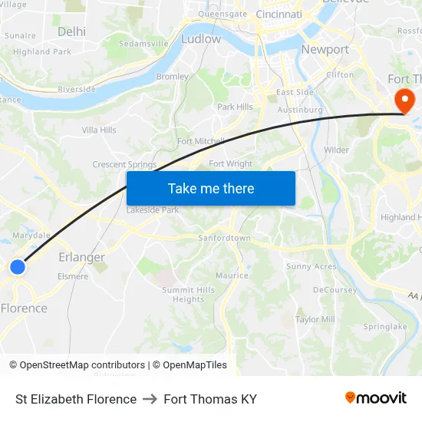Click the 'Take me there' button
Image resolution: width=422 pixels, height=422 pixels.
pos(211,189)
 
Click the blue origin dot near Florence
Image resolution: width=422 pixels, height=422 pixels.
pos(18,267)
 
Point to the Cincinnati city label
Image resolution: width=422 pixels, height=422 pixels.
pos(279,14)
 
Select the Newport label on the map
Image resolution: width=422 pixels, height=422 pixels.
pos(325,50)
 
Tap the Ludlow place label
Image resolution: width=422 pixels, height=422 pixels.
pos(201,38)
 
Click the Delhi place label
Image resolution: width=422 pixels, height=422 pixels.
pos(71,31)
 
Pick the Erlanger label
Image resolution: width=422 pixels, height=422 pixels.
pos(81,257)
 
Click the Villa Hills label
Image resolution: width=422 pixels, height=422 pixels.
pos(99,130)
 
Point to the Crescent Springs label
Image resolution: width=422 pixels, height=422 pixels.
pos(124,165)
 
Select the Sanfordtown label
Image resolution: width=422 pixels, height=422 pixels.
pos(224,239)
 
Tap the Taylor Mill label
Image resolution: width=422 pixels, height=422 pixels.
pos(315,319)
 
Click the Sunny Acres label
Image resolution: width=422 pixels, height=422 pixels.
pos(311,267)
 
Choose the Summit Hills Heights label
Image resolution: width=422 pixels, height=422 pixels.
pos(188,295)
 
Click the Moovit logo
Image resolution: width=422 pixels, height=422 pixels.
pos(375,398)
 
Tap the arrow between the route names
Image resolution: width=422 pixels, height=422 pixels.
pos(150,399)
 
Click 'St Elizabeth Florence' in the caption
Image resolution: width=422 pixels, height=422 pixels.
pos(76,399)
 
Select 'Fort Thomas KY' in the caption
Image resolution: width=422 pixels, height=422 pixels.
pos(209,399)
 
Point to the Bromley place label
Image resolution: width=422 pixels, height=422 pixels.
pos(172,77)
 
